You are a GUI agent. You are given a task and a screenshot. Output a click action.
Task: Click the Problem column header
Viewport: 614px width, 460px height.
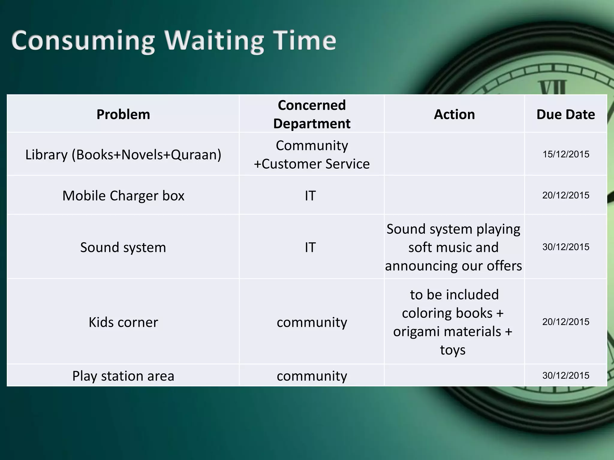123,114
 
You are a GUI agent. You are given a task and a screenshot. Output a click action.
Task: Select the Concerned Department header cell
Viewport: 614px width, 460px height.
311,114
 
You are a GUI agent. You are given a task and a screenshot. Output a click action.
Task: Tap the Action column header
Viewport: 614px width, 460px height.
454,114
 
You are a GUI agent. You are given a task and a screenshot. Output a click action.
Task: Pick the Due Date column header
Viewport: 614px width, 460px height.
565,114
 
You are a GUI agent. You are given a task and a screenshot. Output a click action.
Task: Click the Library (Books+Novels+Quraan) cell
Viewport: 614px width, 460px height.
123,155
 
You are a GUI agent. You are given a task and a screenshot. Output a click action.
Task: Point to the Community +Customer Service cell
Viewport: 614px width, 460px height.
311,155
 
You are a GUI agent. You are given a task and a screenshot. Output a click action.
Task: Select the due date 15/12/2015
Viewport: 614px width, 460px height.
566,154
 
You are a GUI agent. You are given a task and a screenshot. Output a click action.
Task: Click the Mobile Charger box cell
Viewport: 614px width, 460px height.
123,196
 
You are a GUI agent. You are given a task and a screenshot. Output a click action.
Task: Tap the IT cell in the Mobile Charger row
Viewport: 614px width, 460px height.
310,196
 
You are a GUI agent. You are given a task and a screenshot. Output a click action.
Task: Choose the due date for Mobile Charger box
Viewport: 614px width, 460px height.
566,195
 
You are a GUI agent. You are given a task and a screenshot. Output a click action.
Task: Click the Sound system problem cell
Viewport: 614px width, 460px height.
123,247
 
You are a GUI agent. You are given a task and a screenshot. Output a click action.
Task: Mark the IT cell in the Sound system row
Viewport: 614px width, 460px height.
310,247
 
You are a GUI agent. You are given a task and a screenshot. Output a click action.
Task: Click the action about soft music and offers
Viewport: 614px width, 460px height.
453,247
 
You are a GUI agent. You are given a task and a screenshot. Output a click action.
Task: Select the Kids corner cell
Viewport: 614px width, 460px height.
123,322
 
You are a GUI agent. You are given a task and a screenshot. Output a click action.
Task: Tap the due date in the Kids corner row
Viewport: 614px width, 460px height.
566,322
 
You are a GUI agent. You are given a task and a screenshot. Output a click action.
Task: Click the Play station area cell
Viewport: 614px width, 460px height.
123,376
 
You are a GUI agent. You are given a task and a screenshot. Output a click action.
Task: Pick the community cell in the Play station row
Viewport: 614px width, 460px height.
312,376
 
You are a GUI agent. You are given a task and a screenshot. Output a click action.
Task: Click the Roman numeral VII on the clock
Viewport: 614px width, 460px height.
553,87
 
